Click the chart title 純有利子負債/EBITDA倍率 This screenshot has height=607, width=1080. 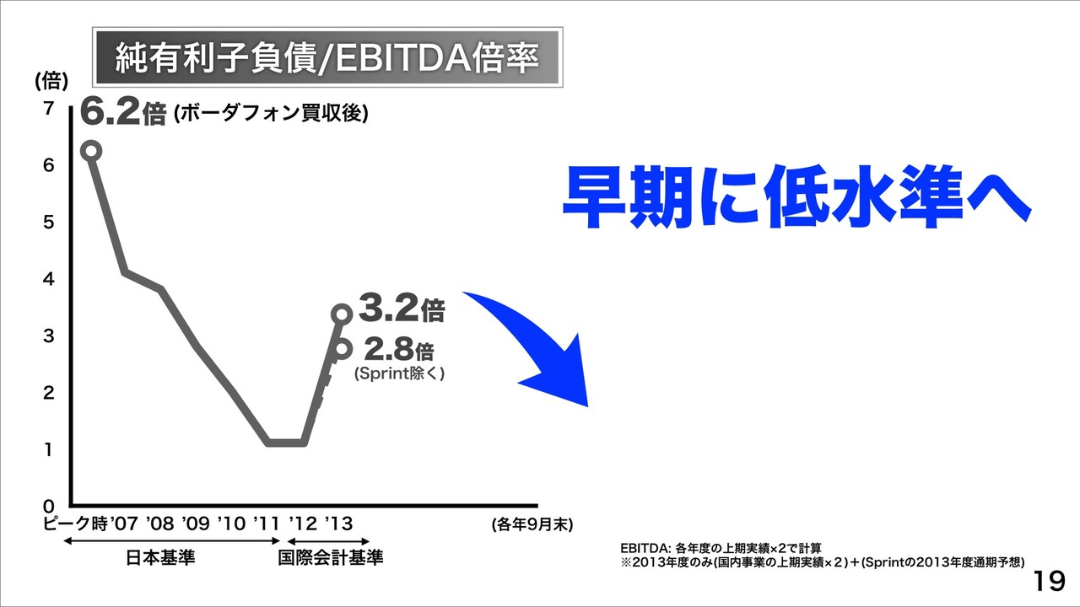coord(327,58)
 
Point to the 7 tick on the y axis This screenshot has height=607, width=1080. coord(48,109)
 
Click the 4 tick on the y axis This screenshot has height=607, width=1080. coord(48,278)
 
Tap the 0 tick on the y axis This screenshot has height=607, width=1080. coord(48,507)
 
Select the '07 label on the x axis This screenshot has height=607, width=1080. coord(124,524)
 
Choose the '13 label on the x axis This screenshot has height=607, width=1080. coord(338,524)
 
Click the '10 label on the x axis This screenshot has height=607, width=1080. coord(231,524)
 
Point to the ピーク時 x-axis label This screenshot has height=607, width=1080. coord(75,524)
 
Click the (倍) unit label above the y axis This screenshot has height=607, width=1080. coord(51,80)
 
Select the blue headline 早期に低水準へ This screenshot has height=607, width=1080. coord(796,196)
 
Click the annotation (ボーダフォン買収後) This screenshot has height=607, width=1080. coord(271,114)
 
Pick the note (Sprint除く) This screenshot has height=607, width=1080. coord(399,373)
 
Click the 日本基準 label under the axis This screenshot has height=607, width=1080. coord(160,557)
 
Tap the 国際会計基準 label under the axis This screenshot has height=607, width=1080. coord(331,557)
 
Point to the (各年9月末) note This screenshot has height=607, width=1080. coord(532,524)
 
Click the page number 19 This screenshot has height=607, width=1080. coord(1049,582)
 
